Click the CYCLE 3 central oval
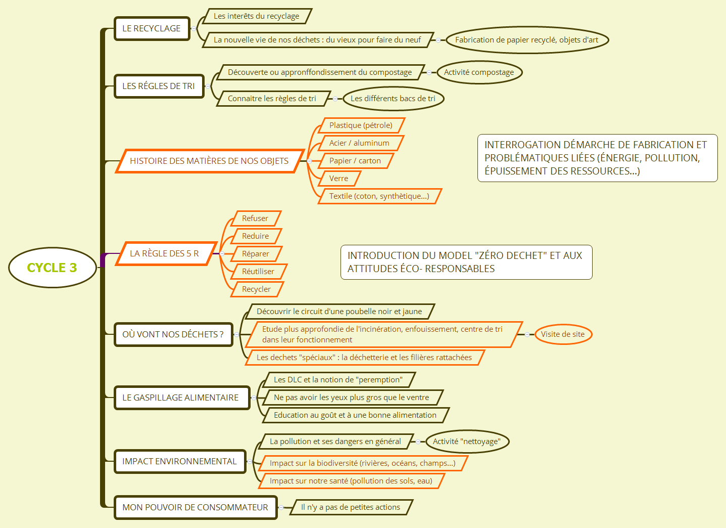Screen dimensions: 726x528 [x=53, y=268]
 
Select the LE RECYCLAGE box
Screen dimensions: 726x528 [x=152, y=28]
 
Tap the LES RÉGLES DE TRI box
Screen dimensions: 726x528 [x=159, y=86]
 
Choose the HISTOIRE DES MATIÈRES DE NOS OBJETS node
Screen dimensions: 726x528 [x=209, y=161]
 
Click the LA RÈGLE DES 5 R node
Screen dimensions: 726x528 [x=166, y=253]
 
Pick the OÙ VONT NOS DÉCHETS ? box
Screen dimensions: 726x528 [x=173, y=334]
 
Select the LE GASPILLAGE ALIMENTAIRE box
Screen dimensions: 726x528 [x=181, y=398]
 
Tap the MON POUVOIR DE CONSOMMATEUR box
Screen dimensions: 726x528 [x=196, y=507]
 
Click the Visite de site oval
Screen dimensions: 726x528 [x=563, y=334]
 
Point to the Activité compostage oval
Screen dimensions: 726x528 [x=479, y=72]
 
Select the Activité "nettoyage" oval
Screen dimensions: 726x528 [x=467, y=442]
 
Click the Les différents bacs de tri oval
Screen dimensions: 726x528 [x=393, y=98]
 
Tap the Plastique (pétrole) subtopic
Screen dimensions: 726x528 [x=361, y=125]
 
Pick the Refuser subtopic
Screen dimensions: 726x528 [x=256, y=218]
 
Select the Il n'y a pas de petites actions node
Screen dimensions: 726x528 [x=351, y=507]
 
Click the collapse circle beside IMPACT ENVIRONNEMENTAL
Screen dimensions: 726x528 [x=250, y=461]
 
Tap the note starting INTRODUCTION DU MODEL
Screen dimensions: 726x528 [x=466, y=262]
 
